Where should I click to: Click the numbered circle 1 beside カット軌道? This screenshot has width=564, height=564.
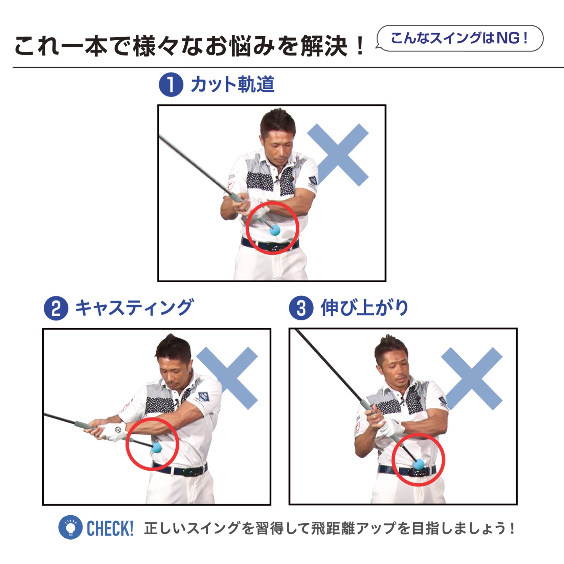[171, 85]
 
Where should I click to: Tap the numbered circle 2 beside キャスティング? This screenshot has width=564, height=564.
[56, 308]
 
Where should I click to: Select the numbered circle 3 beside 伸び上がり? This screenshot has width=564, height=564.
[301, 308]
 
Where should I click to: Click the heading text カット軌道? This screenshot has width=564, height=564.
[233, 84]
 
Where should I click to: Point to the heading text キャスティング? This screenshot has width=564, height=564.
[134, 308]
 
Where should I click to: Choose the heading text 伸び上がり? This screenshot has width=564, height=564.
[364, 308]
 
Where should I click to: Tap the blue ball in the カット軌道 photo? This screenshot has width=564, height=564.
[275, 230]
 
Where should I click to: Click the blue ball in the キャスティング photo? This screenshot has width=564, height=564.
[156, 448]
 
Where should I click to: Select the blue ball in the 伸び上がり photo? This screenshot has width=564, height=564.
[419, 464]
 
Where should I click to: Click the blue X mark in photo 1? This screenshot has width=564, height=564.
[338, 155]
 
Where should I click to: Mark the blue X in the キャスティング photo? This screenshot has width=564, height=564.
[227, 378]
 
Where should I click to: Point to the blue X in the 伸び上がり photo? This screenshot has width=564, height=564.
[472, 378]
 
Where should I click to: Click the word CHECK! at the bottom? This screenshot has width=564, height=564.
[110, 528]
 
